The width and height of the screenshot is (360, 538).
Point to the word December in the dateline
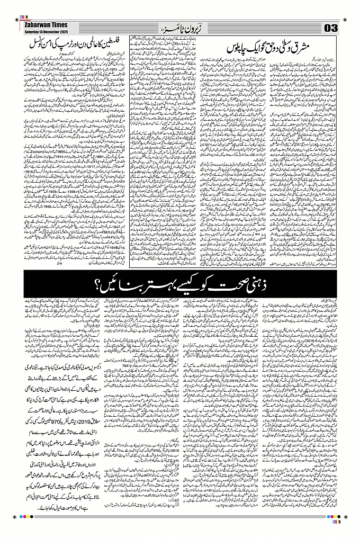coord(50,30)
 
